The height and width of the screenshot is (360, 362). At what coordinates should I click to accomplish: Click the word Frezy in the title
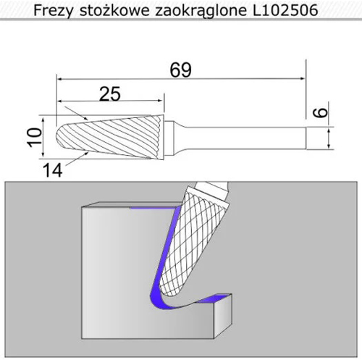click(x=53, y=11)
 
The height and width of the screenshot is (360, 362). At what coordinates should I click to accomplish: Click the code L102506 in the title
click(x=285, y=10)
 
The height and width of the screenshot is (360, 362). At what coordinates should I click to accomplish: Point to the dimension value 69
click(x=181, y=70)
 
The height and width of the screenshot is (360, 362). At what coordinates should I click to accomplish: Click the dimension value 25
click(x=110, y=94)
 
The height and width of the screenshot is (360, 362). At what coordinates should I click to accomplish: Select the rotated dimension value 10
click(x=34, y=137)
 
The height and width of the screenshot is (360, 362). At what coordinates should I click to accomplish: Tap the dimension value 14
click(x=53, y=170)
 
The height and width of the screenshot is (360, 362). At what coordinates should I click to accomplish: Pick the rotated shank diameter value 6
click(x=320, y=112)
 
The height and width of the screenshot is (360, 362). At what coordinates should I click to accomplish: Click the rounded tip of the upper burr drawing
click(x=57, y=137)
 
